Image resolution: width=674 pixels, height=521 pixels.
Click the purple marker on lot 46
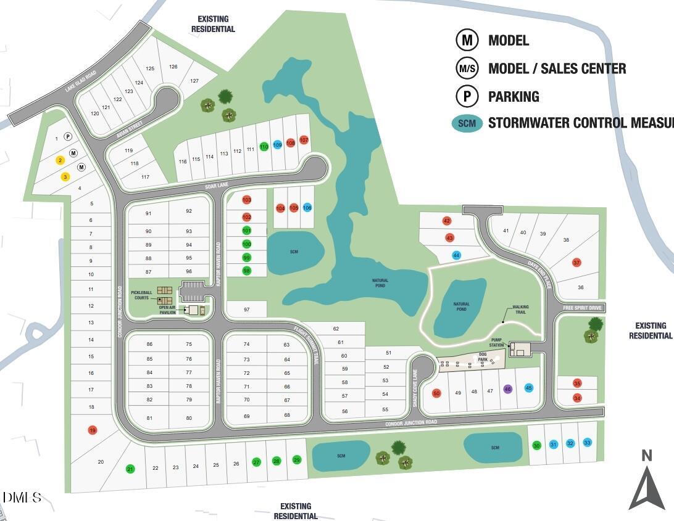click(508, 389)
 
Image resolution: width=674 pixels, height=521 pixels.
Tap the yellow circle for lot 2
click(60, 160)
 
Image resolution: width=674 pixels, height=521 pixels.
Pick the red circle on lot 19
click(93, 430)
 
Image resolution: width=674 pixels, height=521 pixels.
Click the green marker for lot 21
click(130, 469)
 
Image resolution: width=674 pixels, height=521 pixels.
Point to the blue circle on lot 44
click(456, 255)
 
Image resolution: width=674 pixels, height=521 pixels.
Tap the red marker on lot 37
click(577, 263)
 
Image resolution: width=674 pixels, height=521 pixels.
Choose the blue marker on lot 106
click(307, 208)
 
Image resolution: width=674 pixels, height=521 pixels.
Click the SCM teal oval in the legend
click(467, 123)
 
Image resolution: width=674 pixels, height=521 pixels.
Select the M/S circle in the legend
click(467, 68)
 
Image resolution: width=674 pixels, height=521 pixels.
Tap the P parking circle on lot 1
click(68, 136)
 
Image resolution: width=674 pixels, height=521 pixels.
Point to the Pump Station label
click(497, 342)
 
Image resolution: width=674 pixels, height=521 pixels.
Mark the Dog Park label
click(483, 356)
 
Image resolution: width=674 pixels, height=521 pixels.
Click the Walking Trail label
click(520, 309)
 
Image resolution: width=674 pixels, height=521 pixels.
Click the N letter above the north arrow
click(646, 456)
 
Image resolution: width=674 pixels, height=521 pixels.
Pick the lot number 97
click(246, 310)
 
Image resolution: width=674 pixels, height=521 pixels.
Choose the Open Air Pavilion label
click(167, 310)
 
